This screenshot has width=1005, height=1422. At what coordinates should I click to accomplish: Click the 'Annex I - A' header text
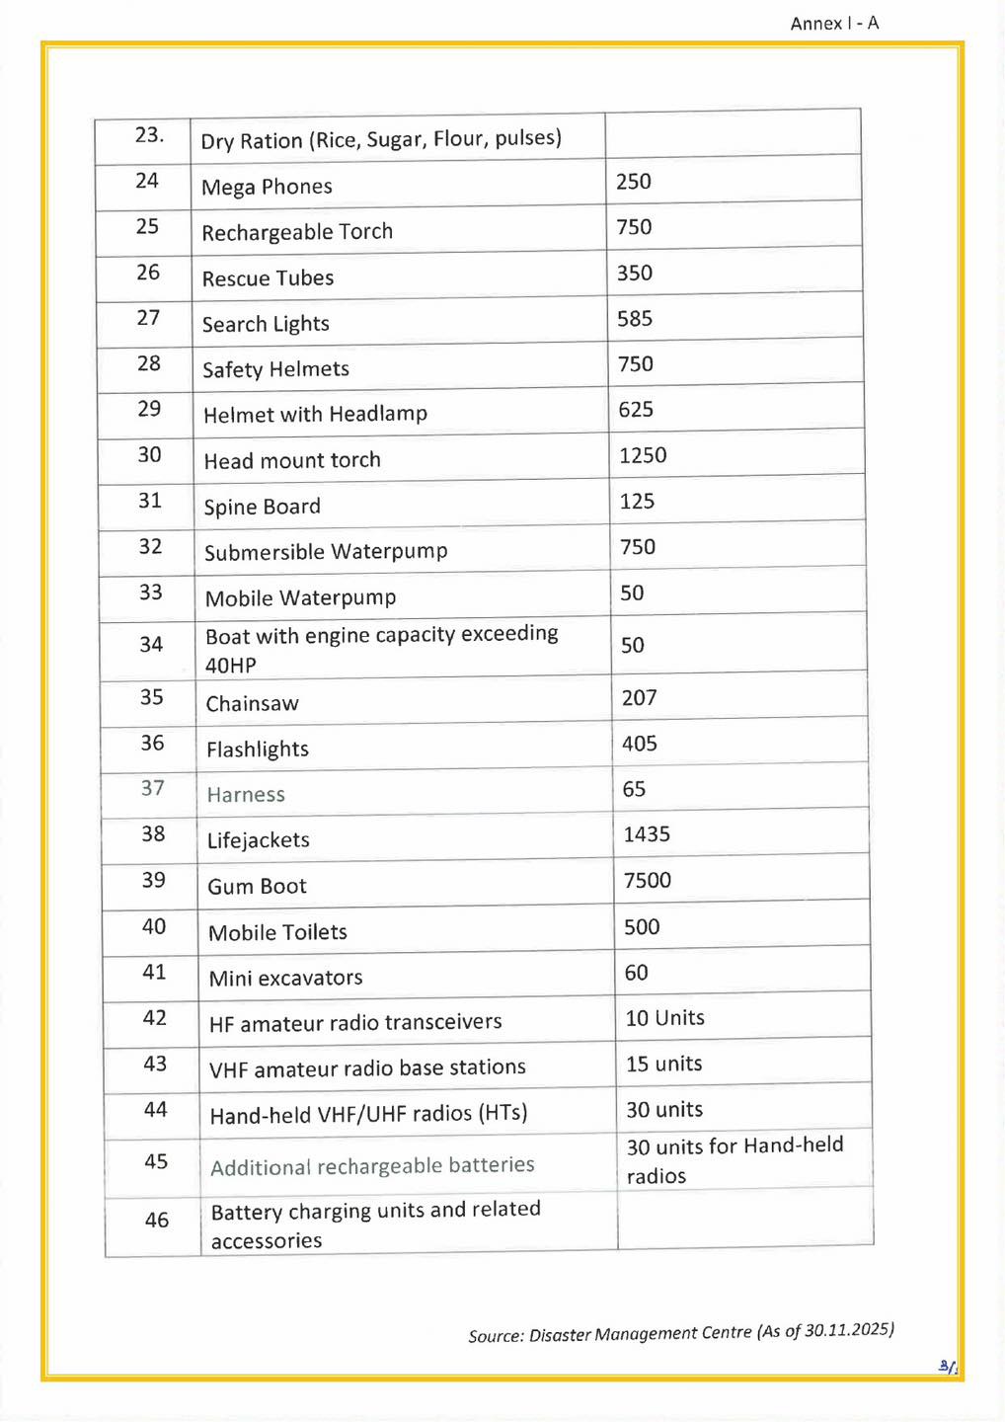pos(834,23)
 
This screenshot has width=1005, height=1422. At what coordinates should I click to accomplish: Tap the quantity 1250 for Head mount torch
pos(643,455)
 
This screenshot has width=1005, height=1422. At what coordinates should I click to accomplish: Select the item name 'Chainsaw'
pos(252,704)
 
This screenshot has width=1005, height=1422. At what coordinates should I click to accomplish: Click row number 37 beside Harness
pos(152,788)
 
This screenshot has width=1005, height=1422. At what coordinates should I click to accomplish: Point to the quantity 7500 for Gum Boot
pos(647,880)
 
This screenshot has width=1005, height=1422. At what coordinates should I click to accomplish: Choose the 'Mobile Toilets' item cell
pos(277,932)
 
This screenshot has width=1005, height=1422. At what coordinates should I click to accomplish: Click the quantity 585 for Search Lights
pos(635,319)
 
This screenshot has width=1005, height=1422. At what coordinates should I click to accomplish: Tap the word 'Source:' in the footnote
pos(496,1336)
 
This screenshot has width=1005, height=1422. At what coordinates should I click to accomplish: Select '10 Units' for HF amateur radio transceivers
pos(664,1018)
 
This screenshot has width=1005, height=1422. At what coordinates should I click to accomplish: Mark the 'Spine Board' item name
pos(262,507)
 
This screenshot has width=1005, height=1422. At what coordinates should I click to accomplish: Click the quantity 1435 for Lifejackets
pos(647,834)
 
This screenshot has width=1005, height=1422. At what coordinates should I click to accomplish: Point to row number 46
pos(156,1221)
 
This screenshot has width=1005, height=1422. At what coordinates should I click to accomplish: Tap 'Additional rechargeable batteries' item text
pos(372,1166)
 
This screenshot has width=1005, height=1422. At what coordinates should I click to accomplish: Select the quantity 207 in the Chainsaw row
pos(639,698)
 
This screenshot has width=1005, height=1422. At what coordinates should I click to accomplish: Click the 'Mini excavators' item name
pos(285,979)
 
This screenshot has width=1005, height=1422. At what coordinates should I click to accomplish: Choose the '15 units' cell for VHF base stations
pos(663,1064)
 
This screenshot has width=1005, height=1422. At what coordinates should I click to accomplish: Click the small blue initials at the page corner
pos(947,1367)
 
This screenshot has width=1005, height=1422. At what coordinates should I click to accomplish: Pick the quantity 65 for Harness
pos(634,789)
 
